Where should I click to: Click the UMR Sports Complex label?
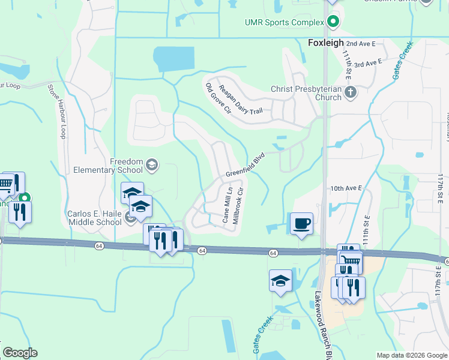click(284, 23)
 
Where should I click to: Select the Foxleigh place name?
click(325, 43)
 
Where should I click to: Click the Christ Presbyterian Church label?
click(306, 93)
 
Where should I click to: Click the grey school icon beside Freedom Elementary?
click(152, 164)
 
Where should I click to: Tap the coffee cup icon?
click(301, 223)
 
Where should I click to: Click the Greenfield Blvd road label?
click(245, 165)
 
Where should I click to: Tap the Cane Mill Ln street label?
click(227, 204)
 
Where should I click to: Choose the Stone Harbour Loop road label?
click(56, 112)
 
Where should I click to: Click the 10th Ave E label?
click(347, 188)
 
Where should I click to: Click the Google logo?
click(20, 353)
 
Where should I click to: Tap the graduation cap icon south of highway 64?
click(280, 281)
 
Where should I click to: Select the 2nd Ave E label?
click(360, 44)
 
